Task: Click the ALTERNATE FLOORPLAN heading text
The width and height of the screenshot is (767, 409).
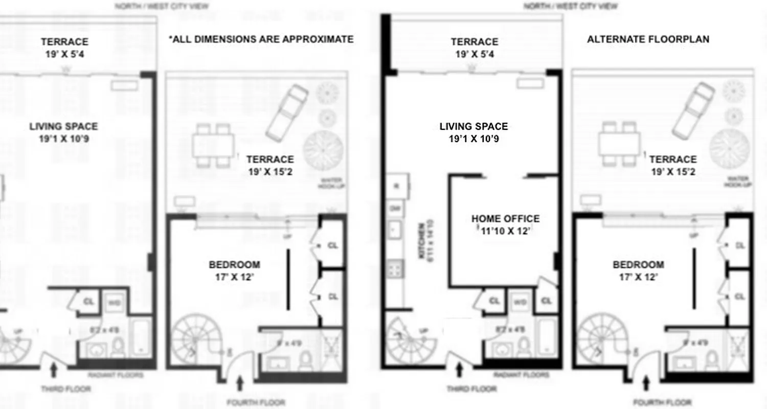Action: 648,39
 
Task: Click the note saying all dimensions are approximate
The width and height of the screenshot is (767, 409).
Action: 261,39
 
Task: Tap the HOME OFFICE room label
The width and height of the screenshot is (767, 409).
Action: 505,219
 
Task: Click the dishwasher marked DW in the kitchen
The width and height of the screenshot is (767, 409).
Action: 395,208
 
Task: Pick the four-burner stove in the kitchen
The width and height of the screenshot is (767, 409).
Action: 395,268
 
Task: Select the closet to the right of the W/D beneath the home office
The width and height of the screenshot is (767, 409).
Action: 546,301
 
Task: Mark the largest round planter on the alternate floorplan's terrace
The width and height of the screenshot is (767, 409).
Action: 730,148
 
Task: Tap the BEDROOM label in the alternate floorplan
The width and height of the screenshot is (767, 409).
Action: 638,265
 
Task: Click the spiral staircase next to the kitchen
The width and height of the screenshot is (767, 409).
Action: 409,340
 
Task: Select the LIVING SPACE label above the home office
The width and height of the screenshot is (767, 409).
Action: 473,127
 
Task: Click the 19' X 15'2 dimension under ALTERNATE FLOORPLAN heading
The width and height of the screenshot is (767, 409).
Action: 672,172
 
